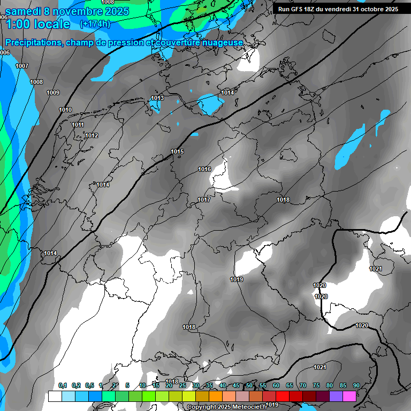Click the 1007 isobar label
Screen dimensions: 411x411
pyautogui.click(x=22, y=66)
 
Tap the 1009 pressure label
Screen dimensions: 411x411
pyautogui.click(x=53, y=93)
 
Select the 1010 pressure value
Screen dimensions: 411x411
pyautogui.click(x=65, y=110)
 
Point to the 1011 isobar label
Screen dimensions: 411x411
pyautogui.click(x=78, y=125)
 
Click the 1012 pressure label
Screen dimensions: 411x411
pyautogui.click(x=92, y=135)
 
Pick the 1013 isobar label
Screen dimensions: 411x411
pyautogui.click(x=157, y=98)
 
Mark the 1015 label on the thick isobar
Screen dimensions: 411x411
pyautogui.click(x=177, y=152)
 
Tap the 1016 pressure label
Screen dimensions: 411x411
pyautogui.click(x=204, y=169)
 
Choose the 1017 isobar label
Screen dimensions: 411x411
pyautogui.click(x=203, y=200)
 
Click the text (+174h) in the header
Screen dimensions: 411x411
pyautogui.click(x=95, y=24)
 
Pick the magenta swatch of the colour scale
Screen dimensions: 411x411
pyautogui.click(x=349, y=396)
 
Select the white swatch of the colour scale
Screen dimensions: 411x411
pyautogui.click(x=55, y=396)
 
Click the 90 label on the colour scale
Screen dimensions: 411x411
pyautogui.click(x=356, y=385)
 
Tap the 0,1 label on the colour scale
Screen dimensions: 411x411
pyautogui.click(x=62, y=385)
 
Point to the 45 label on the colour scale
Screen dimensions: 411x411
pyautogui.click(x=236, y=385)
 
